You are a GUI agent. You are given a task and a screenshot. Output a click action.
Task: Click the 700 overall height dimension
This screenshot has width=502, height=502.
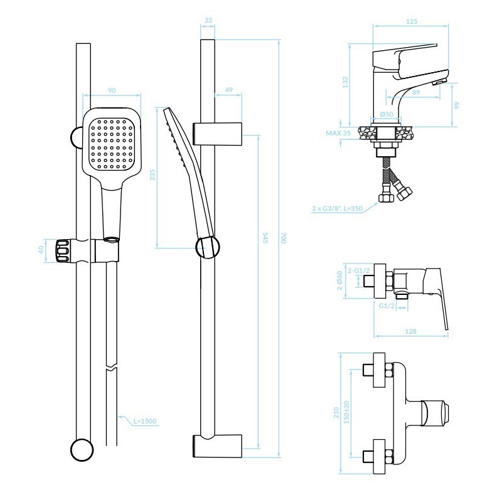[x=283, y=238]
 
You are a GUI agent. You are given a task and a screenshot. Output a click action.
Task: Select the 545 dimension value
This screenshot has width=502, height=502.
[x=265, y=238]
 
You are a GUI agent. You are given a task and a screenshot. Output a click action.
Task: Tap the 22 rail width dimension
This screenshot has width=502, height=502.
[x=208, y=20]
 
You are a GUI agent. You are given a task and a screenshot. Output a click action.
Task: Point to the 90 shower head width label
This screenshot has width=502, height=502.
[x=112, y=90]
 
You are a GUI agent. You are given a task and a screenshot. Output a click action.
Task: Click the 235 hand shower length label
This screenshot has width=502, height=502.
[x=152, y=175]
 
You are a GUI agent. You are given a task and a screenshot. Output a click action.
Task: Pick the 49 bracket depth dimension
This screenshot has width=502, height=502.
[x=228, y=90]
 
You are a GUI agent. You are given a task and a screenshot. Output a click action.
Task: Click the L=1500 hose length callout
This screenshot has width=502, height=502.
[x=145, y=421]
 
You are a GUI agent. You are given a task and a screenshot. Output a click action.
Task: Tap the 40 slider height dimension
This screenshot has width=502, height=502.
[x=41, y=250]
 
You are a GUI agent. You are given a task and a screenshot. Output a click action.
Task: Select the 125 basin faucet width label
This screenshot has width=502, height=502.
[x=412, y=21]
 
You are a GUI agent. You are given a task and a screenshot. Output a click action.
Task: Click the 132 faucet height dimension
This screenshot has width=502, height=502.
[x=345, y=82]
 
